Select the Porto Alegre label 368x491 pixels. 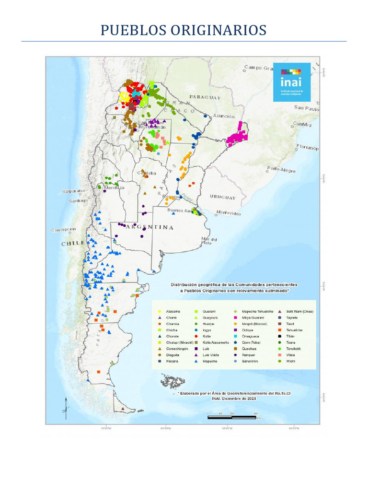pos(281,169)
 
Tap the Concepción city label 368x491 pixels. pos(64,230)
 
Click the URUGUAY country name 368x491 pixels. pos(223,197)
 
